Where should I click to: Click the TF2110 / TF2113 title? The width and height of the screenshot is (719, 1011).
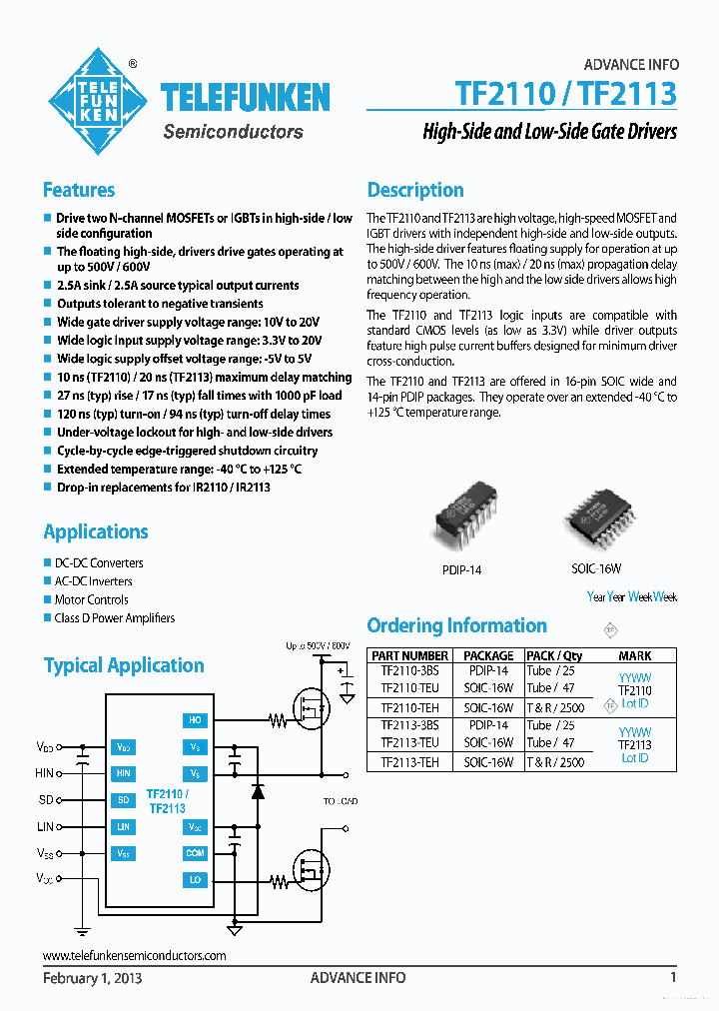click(x=565, y=94)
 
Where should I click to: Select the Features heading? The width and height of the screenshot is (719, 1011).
click(x=79, y=190)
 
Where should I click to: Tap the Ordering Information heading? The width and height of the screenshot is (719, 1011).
click(x=456, y=625)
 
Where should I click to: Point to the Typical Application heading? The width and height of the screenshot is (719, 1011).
click(x=124, y=665)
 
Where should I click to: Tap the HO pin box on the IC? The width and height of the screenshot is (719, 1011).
click(x=195, y=719)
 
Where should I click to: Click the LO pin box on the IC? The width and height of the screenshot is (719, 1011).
click(x=195, y=880)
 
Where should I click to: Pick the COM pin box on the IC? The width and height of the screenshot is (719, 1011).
click(x=195, y=853)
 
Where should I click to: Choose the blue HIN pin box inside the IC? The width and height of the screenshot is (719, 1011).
click(x=123, y=773)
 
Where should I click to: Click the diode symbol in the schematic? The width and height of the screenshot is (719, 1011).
click(x=258, y=791)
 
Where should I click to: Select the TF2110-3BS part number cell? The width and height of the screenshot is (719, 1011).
click(x=409, y=671)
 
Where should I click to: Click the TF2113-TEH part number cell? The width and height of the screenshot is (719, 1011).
click(x=409, y=761)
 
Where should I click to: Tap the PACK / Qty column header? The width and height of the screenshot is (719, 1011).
click(x=554, y=655)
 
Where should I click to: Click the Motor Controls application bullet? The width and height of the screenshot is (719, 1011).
click(x=91, y=599)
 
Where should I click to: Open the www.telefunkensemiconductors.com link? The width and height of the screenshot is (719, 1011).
click(x=135, y=955)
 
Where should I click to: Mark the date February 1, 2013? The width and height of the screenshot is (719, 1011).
click(x=92, y=978)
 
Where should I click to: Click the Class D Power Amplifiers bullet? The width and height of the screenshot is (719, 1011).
click(x=114, y=618)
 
